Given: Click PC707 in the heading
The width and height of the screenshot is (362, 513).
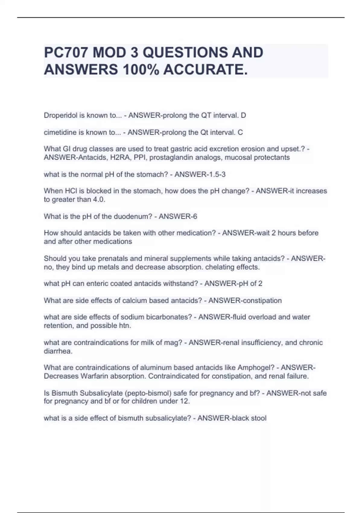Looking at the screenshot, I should [66, 53].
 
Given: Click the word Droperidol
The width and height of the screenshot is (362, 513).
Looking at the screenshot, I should [61, 115].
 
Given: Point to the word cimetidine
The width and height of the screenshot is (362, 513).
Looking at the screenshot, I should [60, 132].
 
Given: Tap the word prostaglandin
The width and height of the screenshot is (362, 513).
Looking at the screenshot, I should [169, 158].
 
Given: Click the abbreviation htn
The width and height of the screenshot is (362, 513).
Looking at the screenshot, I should [125, 326].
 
